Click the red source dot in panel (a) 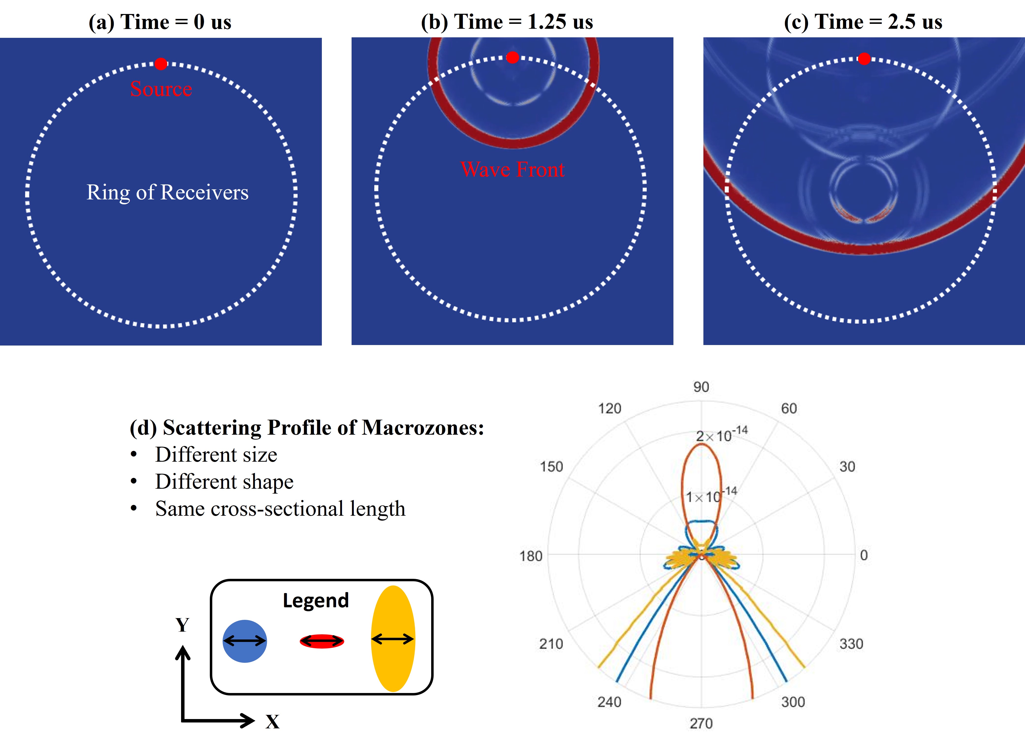tap(160, 64)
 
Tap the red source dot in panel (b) tap(512, 57)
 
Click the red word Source tap(161, 89)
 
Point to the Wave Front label tap(512, 169)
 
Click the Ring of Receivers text tap(167, 192)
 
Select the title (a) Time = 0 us tap(160, 22)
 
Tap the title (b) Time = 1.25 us tap(507, 22)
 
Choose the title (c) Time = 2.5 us tap(863, 22)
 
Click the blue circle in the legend tap(244, 641)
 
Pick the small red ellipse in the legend tap(322, 641)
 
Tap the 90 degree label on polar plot tap(701, 387)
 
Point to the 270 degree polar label tap(701, 723)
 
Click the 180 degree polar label tap(531, 555)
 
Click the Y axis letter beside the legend tap(182, 625)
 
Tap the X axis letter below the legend tap(272, 721)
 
